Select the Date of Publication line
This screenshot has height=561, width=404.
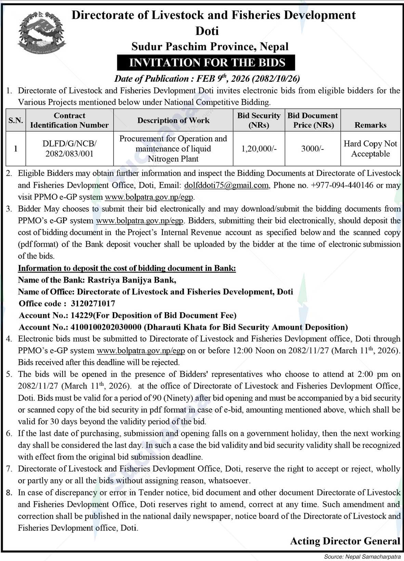207,79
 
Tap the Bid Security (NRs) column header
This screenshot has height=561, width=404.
259,120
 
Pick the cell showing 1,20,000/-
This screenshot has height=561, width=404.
259,148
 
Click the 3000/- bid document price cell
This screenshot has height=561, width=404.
313,148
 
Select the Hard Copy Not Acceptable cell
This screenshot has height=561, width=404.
370,148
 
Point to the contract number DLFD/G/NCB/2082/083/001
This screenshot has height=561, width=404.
69,148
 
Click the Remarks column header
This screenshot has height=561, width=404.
370,125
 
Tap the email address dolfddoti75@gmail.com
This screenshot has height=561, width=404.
226,185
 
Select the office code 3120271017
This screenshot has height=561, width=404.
93,303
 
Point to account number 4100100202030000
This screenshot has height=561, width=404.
106,327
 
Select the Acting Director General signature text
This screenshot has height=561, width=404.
345,541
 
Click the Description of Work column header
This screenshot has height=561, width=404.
173,120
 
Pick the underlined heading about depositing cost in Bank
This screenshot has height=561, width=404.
127,268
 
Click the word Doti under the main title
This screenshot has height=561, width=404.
207,31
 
